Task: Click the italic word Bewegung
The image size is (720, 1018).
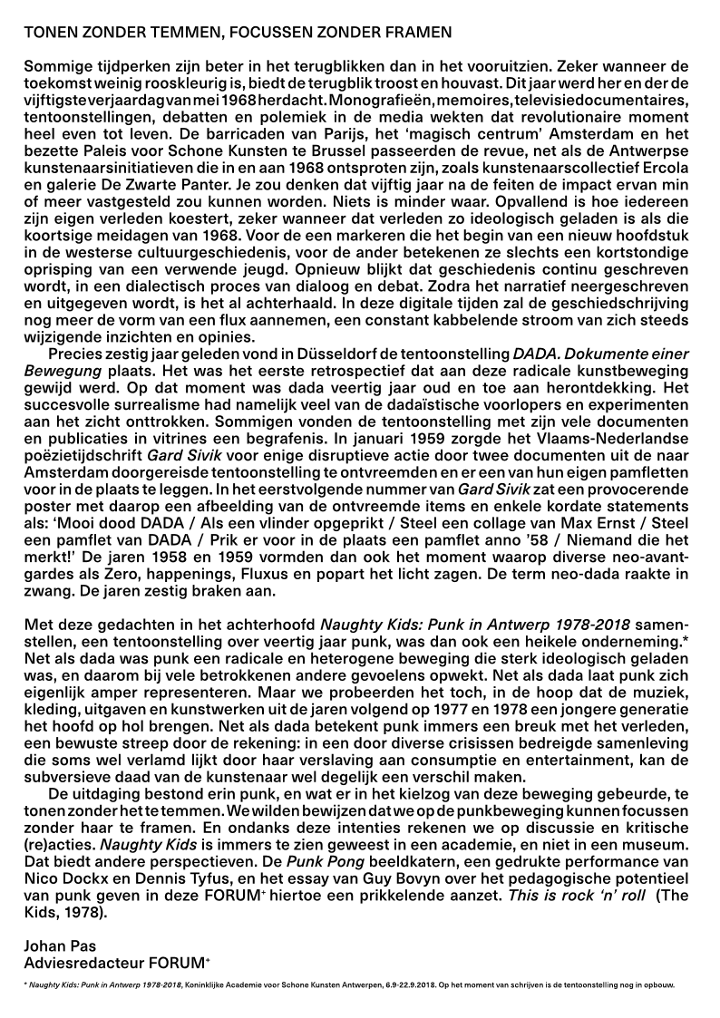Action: point(57,371)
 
